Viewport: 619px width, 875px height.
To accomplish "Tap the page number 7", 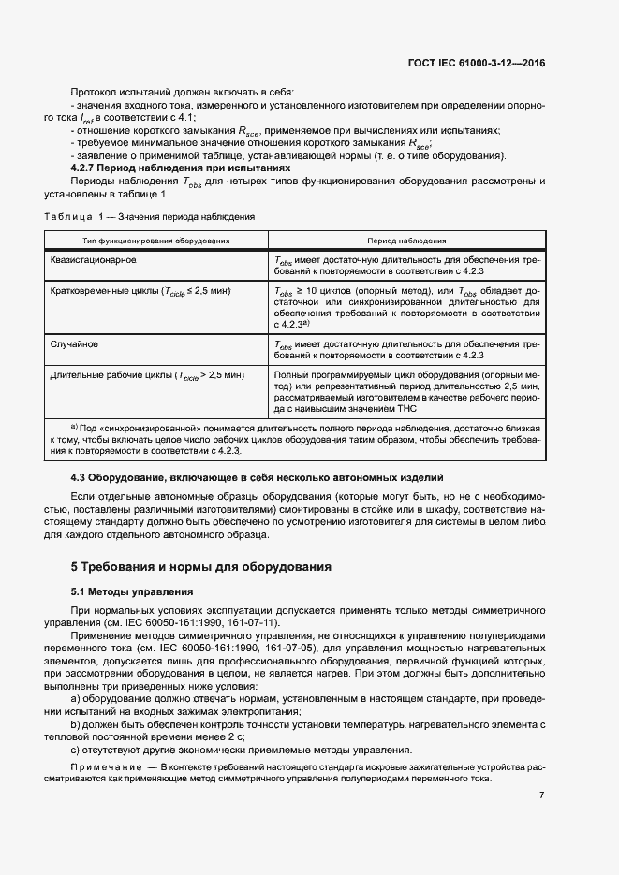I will click(x=542, y=795).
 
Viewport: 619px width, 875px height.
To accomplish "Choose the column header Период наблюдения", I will click(x=406, y=241).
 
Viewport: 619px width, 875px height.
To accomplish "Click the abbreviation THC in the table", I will click(x=406, y=408).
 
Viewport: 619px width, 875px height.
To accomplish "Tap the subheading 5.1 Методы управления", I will click(x=132, y=592).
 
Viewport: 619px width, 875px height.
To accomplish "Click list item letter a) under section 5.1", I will click(x=76, y=698).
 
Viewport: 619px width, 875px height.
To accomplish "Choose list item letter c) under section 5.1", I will click(x=76, y=750).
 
